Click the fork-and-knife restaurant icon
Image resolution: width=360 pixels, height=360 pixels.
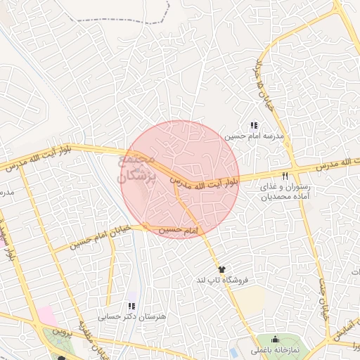tap(285, 176)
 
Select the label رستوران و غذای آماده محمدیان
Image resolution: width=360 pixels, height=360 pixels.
tap(285, 193)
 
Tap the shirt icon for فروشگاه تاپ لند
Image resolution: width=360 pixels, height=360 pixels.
tap(222, 269)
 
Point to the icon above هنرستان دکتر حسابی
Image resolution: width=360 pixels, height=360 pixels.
tap(131, 306)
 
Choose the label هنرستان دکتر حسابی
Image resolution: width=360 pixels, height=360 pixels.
tap(132, 318)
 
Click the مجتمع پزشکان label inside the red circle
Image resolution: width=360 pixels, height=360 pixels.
tap(136, 169)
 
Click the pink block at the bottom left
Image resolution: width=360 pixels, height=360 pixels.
tap(46, 316)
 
